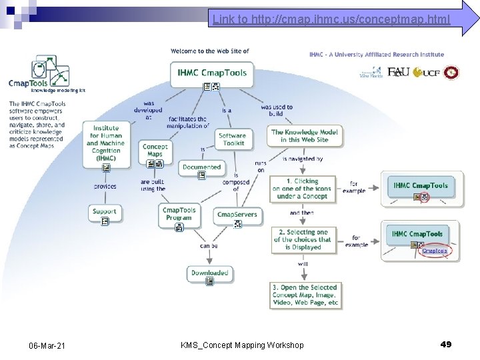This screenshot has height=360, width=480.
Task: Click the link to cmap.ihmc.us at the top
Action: [331, 19]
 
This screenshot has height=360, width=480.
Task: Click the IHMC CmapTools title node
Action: [212, 73]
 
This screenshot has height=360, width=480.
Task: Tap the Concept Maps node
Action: [155, 151]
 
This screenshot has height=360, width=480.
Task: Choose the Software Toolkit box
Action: [232, 139]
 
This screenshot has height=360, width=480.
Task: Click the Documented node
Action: [201, 167]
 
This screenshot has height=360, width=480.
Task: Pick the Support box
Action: [105, 211]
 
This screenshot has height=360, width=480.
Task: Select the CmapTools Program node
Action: [179, 213]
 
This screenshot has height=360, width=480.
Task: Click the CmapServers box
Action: [237, 214]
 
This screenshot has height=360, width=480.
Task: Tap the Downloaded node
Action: [209, 273]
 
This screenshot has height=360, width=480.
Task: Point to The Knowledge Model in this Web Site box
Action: [305, 136]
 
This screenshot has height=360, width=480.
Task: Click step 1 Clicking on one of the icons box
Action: [302, 189]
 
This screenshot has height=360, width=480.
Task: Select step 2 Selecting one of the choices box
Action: [301, 239]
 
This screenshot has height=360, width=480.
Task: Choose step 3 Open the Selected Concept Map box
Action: [305, 295]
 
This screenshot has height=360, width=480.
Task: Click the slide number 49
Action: [446, 344]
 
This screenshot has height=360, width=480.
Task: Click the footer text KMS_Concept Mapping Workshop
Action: [242, 345]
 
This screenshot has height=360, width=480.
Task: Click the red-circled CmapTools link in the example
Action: [435, 251]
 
